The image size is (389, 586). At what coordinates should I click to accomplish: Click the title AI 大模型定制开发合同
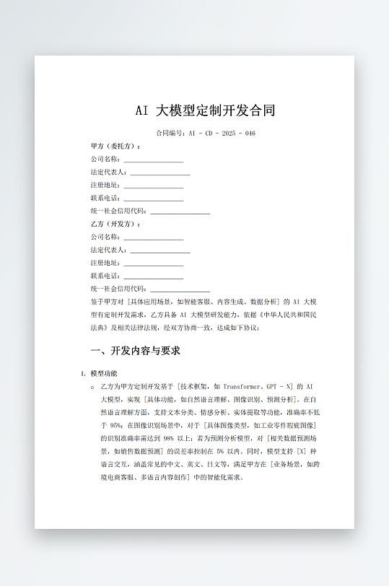coord(206,110)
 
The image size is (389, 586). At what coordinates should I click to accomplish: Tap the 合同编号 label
coord(171,134)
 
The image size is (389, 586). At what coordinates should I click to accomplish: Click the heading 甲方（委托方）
coord(115,146)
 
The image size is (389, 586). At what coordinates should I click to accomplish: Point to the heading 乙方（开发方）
coord(115,224)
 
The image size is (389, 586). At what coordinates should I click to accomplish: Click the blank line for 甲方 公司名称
coord(153,159)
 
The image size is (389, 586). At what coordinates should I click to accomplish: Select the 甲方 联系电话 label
coord(105,198)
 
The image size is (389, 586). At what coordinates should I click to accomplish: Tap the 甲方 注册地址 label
coord(105,185)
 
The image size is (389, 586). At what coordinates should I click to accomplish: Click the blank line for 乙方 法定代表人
coord(159,250)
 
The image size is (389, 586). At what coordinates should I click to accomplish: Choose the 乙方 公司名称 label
coord(105,237)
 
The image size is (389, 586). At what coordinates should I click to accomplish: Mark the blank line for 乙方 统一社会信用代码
coord(180,289)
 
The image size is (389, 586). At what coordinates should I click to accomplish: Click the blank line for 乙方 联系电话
coord(153,276)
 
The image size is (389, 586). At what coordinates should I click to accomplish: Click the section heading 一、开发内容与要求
coord(135,351)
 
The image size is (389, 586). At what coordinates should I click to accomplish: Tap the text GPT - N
coord(280,387)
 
